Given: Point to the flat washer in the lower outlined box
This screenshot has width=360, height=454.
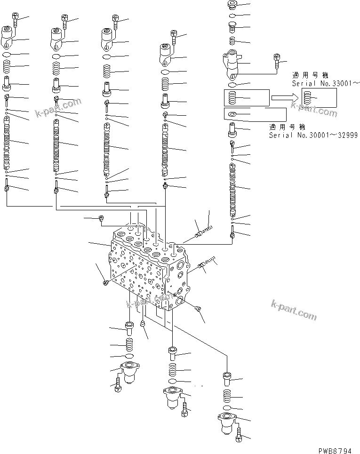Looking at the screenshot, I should click(232, 114).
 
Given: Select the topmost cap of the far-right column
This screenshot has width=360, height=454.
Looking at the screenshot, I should click(232, 5).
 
